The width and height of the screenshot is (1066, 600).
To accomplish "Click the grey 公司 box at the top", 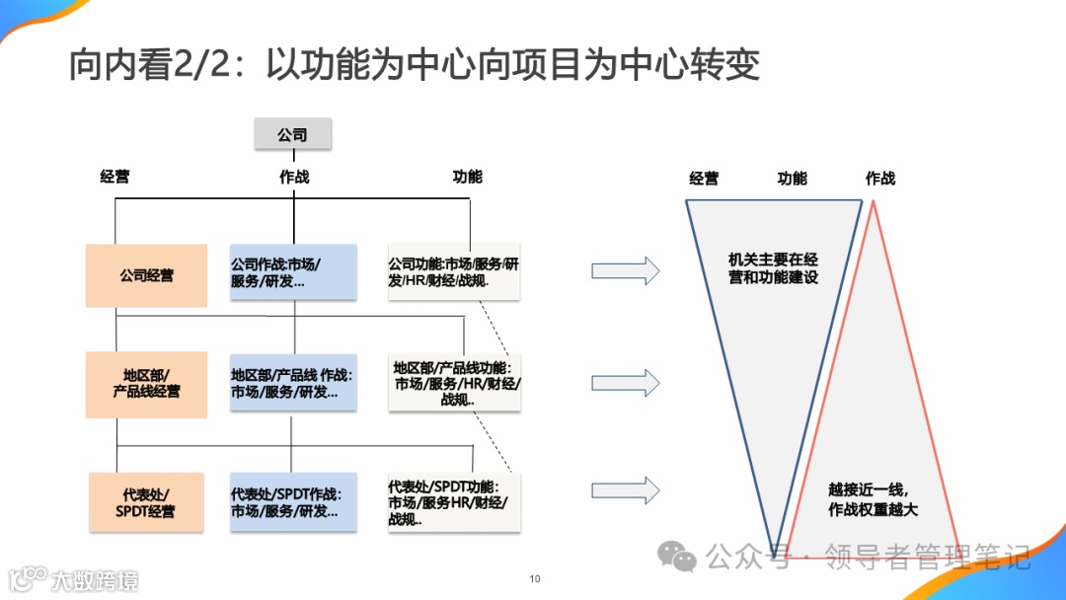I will pyautogui.click(x=292, y=134).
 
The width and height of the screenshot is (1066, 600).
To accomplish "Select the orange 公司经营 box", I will pyautogui.click(x=146, y=275).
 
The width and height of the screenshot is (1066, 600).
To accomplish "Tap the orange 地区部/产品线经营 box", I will pyautogui.click(x=146, y=383).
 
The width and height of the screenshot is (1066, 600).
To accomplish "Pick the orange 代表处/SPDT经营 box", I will pyautogui.click(x=146, y=502).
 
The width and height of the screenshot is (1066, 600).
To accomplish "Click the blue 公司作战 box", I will pyautogui.click(x=292, y=272).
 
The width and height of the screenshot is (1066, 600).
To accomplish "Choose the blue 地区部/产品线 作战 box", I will pyautogui.click(x=292, y=383).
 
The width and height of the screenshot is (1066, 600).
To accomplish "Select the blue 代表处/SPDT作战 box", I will pyautogui.click(x=292, y=502).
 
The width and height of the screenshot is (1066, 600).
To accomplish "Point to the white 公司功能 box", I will pyautogui.click(x=454, y=272).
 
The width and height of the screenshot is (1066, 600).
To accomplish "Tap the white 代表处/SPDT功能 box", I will pyautogui.click(x=454, y=502).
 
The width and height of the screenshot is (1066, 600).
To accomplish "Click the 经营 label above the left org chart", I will pyautogui.click(x=114, y=178).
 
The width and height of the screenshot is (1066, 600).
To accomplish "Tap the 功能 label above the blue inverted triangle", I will pyautogui.click(x=792, y=179).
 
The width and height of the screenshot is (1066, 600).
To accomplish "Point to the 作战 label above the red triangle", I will pyautogui.click(x=879, y=179).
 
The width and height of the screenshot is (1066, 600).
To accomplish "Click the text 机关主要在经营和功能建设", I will pyautogui.click(x=774, y=268).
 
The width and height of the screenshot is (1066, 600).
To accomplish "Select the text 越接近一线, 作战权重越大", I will pyautogui.click(x=873, y=499).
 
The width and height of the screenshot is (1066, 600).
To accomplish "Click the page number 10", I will pyautogui.click(x=535, y=579).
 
